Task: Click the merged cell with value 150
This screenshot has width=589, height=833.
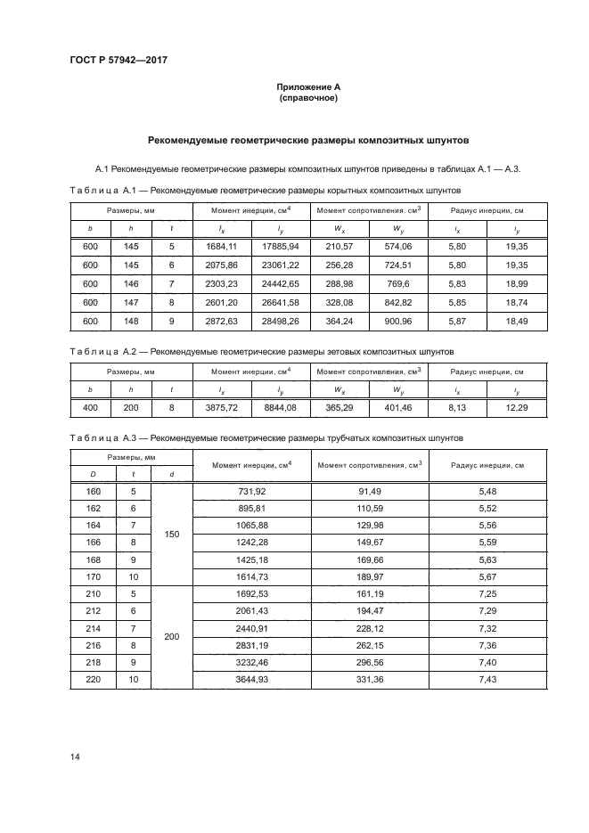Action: point(173,534)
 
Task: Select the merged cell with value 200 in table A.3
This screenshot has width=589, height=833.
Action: point(173,638)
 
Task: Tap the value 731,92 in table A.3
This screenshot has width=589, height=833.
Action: point(253,492)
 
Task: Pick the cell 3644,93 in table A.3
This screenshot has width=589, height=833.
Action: point(253,680)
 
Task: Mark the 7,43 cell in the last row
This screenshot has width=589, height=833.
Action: point(487,680)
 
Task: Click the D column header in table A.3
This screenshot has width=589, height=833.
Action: point(93,474)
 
